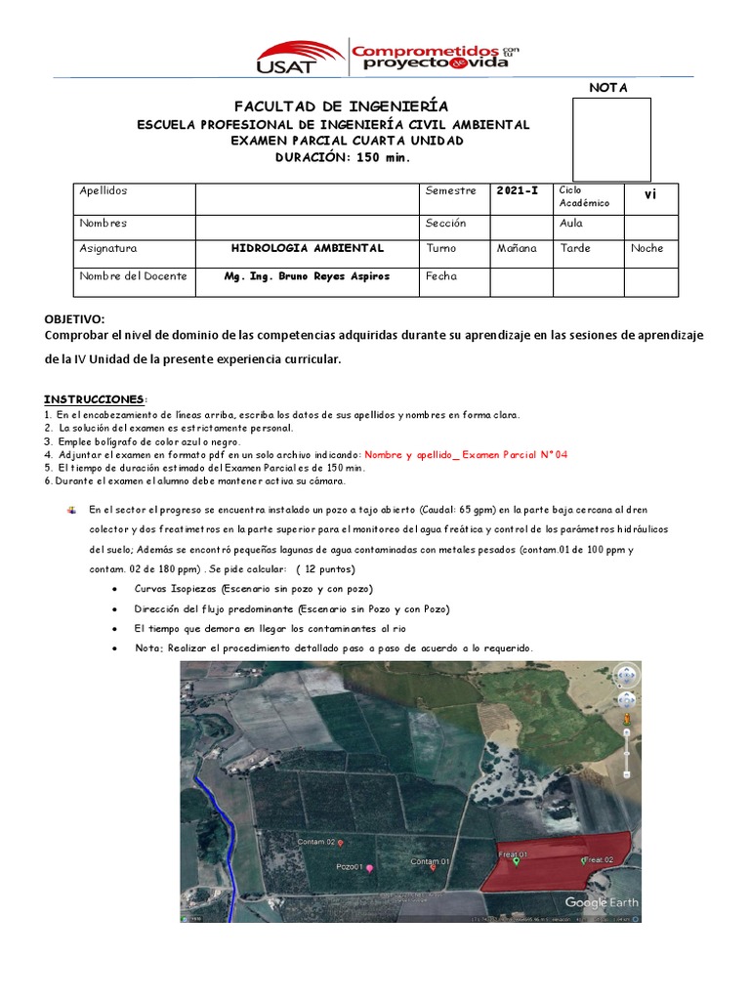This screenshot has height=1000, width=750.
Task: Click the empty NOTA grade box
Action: [x=611, y=139]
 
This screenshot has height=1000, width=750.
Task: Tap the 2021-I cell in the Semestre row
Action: [x=517, y=191]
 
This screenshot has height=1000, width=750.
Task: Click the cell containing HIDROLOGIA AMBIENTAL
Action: [x=307, y=248]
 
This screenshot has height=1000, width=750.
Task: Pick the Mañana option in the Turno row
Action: [x=517, y=248]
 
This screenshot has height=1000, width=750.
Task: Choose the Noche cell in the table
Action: [x=646, y=248]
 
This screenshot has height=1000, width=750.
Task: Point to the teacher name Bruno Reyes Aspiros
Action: [x=307, y=276]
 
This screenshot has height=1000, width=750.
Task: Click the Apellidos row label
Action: [x=104, y=191]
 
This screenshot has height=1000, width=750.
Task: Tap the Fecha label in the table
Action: [x=441, y=276]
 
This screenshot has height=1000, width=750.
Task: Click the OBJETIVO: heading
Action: [x=74, y=319]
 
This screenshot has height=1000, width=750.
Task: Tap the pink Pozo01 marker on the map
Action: [x=369, y=867]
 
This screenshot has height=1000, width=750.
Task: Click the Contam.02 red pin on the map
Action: [x=341, y=842]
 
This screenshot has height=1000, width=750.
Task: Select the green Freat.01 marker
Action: [x=517, y=860]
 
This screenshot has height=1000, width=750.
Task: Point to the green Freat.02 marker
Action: [x=584, y=860]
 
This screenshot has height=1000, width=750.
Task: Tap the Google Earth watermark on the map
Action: [x=601, y=902]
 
